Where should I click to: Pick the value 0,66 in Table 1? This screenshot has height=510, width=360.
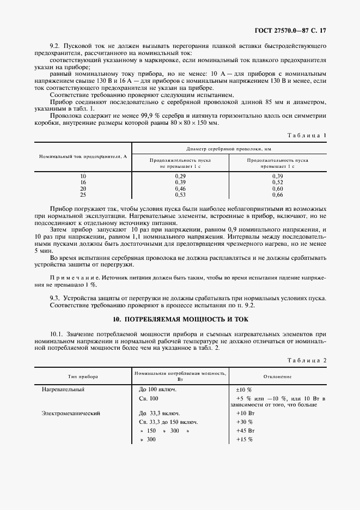pyautogui.click(x=277, y=195)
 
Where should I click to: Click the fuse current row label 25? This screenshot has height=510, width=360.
pyautogui.click(x=83, y=195)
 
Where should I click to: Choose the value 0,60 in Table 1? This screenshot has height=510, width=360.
pyautogui.click(x=277, y=189)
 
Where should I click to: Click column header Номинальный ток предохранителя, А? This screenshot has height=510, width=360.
pyautogui.click(x=83, y=156)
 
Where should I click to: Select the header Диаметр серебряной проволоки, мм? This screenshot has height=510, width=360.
pyautogui.click(x=229, y=148)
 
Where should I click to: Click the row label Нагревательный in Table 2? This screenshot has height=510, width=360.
pyautogui.click(x=63, y=390)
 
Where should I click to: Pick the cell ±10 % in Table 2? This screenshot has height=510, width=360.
pyautogui.click(x=243, y=390)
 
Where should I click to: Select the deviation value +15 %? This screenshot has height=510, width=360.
pyautogui.click(x=245, y=440)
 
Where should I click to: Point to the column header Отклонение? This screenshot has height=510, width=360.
pyautogui.click(x=278, y=376)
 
